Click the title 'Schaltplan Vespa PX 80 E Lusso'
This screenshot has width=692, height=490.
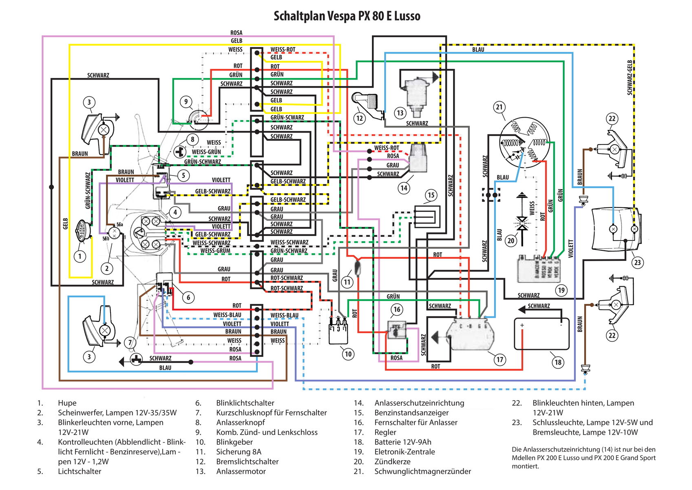[347, 16]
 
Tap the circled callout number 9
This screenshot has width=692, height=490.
[186, 102]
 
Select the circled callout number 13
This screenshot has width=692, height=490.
[400, 113]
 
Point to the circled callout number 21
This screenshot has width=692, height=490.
[500, 107]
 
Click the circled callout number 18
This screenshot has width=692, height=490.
[558, 362]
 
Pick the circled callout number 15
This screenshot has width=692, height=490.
[431, 195]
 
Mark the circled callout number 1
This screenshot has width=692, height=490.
[80, 256]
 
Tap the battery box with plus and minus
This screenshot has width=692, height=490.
[542, 334]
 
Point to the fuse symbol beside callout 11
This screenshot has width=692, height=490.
[358, 267]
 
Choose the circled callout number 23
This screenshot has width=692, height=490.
[637, 263]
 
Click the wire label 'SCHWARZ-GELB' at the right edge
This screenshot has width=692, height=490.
[630, 78]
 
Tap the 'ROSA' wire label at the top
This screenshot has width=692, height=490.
[236, 33]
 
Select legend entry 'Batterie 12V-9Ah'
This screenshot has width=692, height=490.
[402, 442]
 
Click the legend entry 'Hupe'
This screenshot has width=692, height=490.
[67, 403]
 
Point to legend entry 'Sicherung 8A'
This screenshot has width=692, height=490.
[239, 452]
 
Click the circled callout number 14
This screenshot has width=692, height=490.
[404, 188]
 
